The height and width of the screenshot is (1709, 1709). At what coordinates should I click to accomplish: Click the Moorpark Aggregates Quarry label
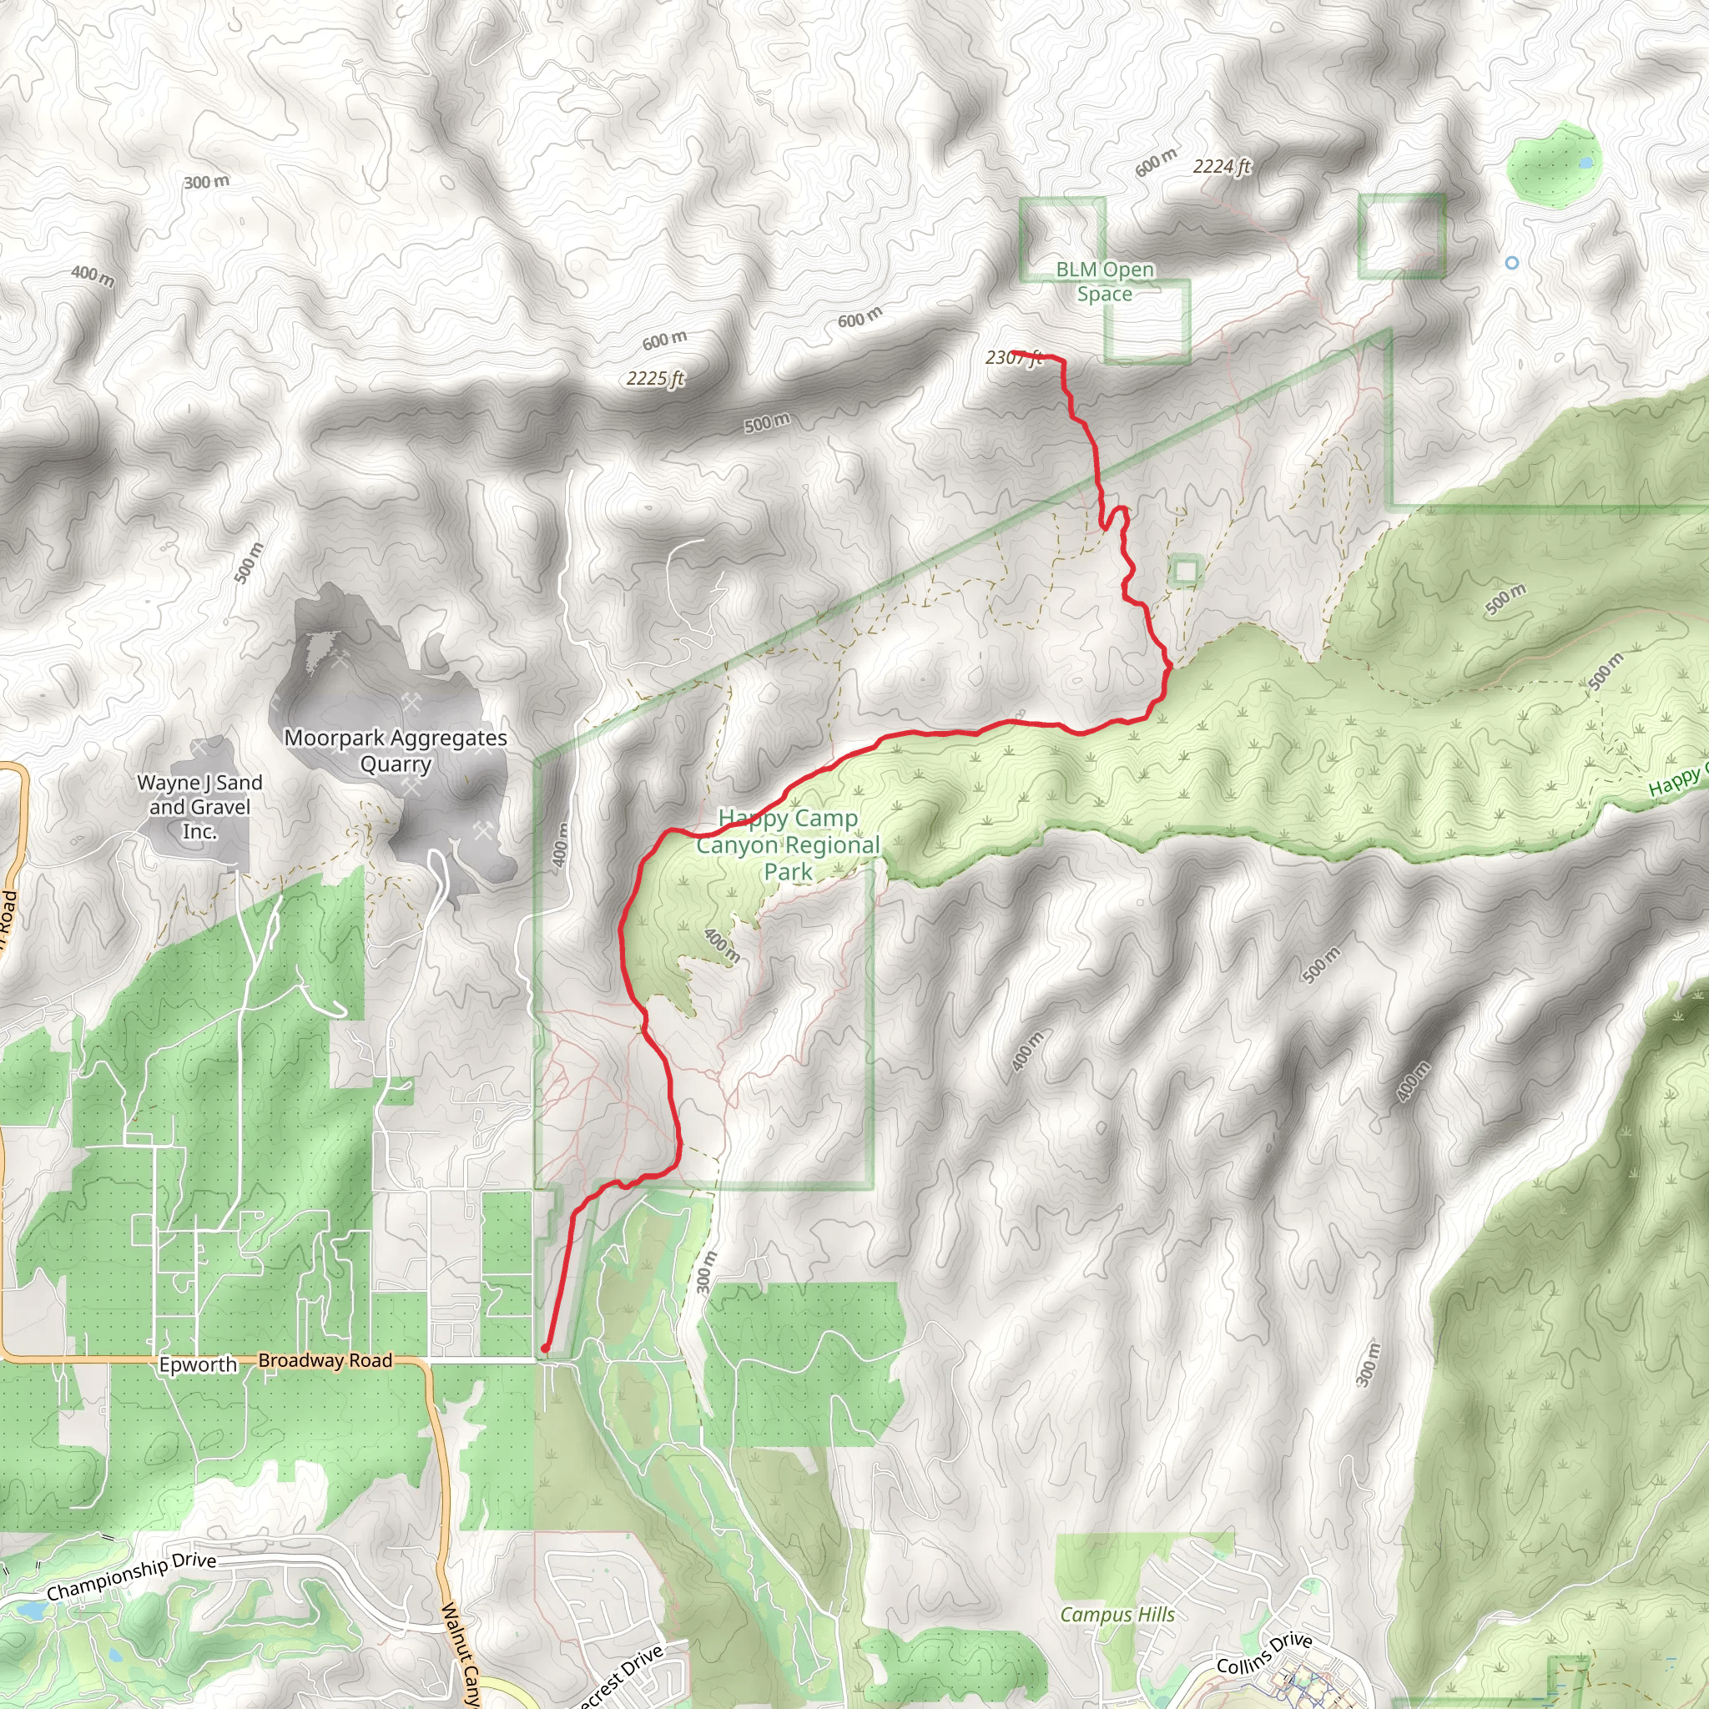pyautogui.click(x=396, y=750)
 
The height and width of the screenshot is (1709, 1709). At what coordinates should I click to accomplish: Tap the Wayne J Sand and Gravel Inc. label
pyautogui.click(x=200, y=806)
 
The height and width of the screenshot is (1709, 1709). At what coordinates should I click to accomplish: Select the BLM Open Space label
pyautogui.click(x=1105, y=281)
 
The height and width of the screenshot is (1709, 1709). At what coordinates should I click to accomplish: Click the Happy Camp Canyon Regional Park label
pyautogui.click(x=787, y=844)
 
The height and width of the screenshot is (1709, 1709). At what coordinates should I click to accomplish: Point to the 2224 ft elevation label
pyautogui.click(x=1222, y=166)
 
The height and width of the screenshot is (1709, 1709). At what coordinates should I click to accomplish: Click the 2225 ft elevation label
pyautogui.click(x=655, y=379)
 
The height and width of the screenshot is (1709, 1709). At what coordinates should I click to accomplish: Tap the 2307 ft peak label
pyautogui.click(x=1014, y=357)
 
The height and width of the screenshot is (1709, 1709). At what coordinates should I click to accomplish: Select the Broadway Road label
pyautogui.click(x=325, y=1360)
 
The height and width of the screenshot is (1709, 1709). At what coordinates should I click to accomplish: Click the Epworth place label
pyautogui.click(x=198, y=1365)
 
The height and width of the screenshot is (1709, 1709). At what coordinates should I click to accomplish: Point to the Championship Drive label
pyautogui.click(x=131, y=1576)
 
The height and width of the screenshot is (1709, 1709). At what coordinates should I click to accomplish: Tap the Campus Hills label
pyautogui.click(x=1117, y=1615)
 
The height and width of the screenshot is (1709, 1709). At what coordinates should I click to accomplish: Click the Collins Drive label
pyautogui.click(x=1264, y=1652)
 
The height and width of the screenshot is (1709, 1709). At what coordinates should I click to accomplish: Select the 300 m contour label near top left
pyautogui.click(x=206, y=182)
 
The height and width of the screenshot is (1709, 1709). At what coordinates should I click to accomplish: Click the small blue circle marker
pyautogui.click(x=1512, y=263)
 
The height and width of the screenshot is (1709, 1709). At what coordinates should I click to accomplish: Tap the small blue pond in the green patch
pyautogui.click(x=1586, y=164)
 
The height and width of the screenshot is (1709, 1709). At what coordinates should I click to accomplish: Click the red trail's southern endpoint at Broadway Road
pyautogui.click(x=545, y=1349)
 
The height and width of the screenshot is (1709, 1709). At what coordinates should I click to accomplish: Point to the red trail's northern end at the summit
pyautogui.click(x=1015, y=353)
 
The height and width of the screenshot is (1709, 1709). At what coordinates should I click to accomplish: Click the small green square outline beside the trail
pyautogui.click(x=1185, y=571)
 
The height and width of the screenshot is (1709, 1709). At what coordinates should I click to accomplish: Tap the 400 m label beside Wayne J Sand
pyautogui.click(x=93, y=276)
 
